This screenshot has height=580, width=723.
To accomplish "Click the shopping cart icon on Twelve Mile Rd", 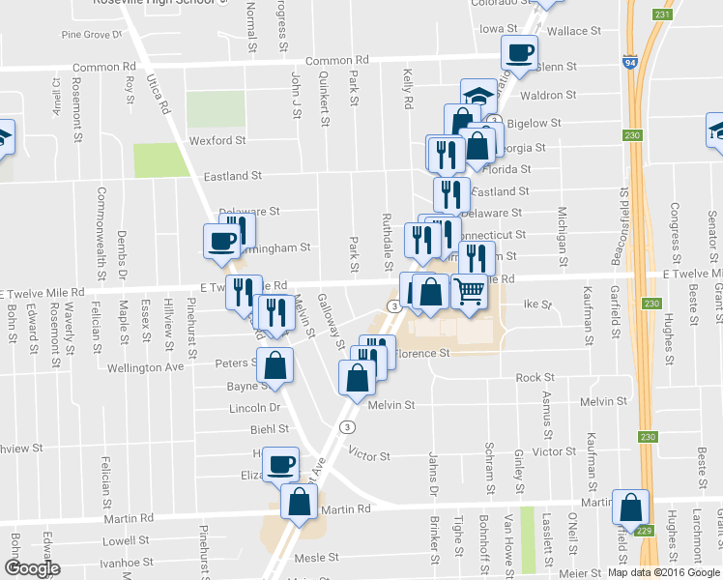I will click(469, 289).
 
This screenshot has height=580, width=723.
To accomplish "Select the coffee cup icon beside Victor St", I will click(281, 464).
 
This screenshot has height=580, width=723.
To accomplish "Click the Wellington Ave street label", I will click(145, 367).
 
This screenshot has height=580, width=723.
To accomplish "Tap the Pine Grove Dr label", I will click(93, 35).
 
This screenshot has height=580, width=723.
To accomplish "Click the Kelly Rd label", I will click(408, 87).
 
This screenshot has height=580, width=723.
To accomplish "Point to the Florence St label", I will click(425, 354).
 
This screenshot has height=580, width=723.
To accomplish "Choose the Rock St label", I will click(535, 378).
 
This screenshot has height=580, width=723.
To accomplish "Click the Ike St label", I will click(535, 304).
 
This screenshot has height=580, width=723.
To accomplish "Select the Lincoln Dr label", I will click(255, 408).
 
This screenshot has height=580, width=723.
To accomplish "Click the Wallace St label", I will click(567, 32).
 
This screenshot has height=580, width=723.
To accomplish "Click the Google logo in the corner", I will click(32, 568).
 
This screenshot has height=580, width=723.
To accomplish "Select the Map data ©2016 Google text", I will click(663, 572).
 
